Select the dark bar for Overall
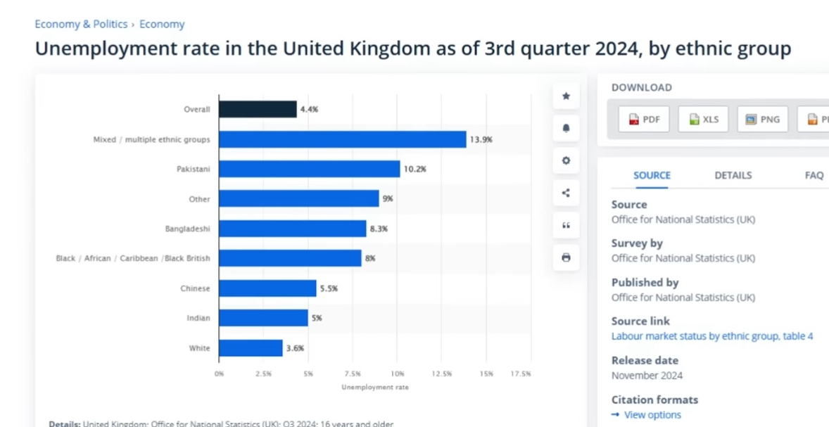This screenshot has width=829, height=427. [x=258, y=109]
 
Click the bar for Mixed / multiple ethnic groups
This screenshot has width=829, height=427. [x=343, y=139]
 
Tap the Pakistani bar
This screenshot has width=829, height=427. [x=310, y=169]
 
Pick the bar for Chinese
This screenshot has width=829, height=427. [x=267, y=288]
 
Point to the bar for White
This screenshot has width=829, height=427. [x=251, y=348]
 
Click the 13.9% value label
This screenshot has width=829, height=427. [x=481, y=139]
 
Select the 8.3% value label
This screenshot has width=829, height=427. [x=379, y=229]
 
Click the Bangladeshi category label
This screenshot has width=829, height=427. [x=187, y=229]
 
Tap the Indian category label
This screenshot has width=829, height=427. [x=198, y=318]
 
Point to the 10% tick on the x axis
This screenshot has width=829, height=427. [x=397, y=374]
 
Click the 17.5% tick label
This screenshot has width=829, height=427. [x=520, y=374]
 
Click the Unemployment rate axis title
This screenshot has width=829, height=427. [x=374, y=387]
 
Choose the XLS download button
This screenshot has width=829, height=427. [x=704, y=120]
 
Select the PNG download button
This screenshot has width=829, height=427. [x=763, y=120]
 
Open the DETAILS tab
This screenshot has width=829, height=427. [x=733, y=175]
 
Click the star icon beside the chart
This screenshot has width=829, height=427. [x=566, y=96]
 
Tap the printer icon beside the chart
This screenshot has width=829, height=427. [x=566, y=257]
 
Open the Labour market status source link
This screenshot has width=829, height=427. [x=711, y=336]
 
